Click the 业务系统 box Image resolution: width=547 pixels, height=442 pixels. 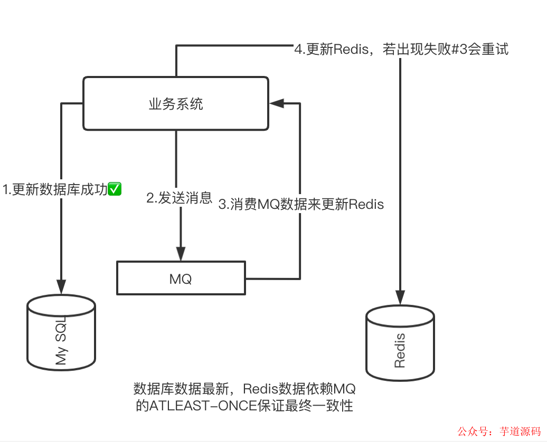point(176,103)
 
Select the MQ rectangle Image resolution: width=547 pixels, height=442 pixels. point(181,277)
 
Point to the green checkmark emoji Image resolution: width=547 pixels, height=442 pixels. point(115,189)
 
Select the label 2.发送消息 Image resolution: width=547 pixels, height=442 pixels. point(179,198)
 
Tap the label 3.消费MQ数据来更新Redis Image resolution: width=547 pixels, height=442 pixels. point(301,205)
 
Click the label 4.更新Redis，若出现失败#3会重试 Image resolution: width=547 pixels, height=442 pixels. point(401,50)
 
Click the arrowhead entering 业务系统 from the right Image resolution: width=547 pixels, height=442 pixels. point(276,103)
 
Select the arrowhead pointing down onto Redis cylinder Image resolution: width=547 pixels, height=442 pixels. point(400,297)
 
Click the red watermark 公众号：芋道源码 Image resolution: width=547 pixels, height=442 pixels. point(499,431)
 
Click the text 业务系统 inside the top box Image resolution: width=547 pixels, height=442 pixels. point(176,104)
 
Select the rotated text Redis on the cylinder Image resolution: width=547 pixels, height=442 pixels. point(400,350)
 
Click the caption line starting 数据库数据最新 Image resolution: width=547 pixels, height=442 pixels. point(244,390)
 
